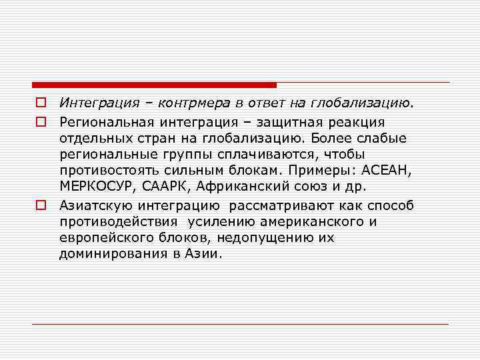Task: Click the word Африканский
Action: point(238,187)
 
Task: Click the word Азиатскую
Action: point(91,205)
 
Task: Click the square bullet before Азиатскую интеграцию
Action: point(41,205)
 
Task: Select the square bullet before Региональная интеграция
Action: point(41,122)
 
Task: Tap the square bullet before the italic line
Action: point(41,103)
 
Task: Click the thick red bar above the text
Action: point(154,85)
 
